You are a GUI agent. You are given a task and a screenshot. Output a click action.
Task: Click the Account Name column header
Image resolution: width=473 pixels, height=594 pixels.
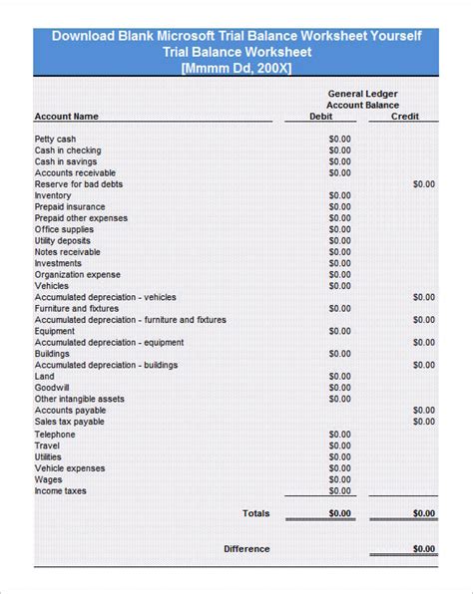point(66,117)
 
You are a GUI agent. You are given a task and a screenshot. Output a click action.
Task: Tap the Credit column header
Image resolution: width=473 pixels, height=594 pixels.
point(405,117)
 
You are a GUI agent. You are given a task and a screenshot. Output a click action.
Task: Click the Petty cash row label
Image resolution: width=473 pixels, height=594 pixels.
point(55,140)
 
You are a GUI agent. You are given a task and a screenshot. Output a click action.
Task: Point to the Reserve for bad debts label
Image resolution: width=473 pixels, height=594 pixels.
point(79,184)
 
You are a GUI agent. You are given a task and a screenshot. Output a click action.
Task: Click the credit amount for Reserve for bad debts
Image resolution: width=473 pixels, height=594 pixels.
point(424,184)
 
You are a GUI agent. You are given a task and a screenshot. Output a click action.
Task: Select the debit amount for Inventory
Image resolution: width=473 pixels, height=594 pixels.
point(340,195)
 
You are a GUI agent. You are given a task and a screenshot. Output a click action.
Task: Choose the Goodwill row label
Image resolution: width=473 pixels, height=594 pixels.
point(52,388)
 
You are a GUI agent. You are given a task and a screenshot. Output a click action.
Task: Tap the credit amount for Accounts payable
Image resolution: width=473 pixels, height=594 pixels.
point(424,411)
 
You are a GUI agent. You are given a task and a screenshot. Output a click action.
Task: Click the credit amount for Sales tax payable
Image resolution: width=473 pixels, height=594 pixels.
point(424,422)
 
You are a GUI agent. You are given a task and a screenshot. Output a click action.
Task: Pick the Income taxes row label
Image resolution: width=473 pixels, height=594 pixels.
point(62,491)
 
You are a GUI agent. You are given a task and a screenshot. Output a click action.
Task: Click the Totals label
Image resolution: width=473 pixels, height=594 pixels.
point(255,513)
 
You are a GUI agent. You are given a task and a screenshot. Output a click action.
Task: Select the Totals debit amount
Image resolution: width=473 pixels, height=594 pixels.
point(340,513)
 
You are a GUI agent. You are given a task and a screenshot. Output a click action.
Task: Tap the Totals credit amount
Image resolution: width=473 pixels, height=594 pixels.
point(424,513)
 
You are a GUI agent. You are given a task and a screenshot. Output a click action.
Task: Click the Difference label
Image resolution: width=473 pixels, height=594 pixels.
point(246,549)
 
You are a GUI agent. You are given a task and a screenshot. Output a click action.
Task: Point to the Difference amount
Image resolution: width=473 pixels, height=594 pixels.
point(424,549)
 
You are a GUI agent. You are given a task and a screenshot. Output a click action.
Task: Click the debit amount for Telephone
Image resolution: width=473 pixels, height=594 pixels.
point(340,435)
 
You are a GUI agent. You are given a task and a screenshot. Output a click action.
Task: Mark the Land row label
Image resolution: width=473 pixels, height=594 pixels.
point(45,377)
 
